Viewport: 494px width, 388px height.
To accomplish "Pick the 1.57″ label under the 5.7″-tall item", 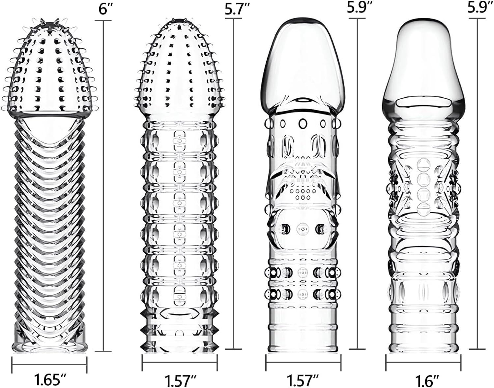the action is point(180,380).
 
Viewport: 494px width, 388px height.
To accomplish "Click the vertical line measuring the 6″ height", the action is point(103,186).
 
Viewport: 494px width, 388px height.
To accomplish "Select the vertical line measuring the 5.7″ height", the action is point(233,184).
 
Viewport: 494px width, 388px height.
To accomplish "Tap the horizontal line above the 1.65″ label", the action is point(49,365).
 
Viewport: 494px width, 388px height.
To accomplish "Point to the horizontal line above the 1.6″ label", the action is point(423,362).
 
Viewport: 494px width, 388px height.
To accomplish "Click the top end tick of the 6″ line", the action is point(103,20).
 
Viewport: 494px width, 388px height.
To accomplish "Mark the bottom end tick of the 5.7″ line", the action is point(233,349).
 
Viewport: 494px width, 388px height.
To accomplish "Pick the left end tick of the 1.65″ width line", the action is point(12,365).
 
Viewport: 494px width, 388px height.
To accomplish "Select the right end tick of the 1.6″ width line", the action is point(461,362).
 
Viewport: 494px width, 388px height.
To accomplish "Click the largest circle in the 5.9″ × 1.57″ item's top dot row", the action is point(303,124).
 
